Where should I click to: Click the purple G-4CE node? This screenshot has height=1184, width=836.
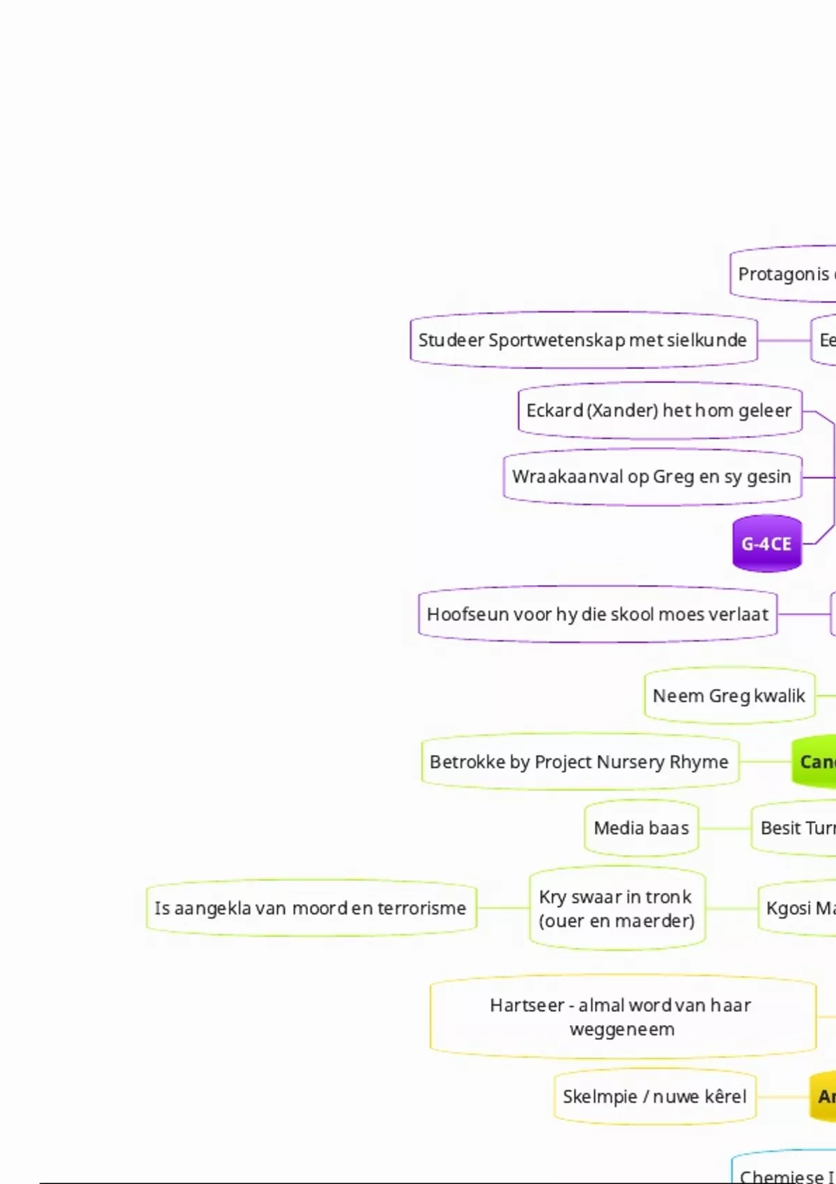[767, 544]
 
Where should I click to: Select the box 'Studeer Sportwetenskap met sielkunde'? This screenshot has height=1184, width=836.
[583, 341]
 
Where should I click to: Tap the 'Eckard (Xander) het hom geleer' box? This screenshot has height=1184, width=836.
[660, 411]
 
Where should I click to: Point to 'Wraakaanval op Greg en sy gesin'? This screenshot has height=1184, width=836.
[652, 477]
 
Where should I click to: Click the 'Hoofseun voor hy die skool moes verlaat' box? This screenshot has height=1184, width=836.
[598, 614]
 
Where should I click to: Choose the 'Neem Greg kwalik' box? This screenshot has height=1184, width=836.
[729, 696]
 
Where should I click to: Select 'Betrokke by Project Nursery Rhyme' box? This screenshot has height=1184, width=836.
[580, 762]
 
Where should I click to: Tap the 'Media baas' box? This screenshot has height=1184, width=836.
[642, 828]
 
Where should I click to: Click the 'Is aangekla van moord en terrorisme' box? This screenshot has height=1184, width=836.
[311, 908]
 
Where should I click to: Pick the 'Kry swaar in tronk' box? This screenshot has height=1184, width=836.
[617, 908]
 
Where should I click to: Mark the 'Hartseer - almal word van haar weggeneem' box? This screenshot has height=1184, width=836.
[623, 1017]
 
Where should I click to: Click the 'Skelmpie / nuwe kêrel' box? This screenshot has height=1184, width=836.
[655, 1097]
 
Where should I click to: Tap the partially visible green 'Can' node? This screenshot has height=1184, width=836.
[815, 762]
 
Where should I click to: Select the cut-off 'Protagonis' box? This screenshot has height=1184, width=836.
[783, 274]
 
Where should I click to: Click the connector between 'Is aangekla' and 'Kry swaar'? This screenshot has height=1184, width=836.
[503, 908]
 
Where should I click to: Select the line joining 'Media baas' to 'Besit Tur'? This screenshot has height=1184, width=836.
[725, 829]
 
